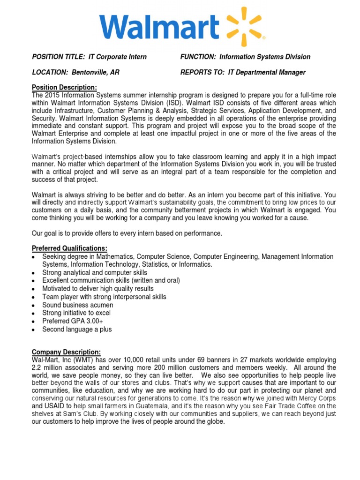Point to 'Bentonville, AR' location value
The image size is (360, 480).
point(93,72)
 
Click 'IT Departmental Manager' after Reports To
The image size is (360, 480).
point(267,72)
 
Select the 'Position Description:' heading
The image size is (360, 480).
point(64,88)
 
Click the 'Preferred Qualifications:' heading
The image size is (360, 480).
point(69,248)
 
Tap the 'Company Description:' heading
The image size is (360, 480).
point(66,352)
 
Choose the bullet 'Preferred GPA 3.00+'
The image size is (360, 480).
point(73,321)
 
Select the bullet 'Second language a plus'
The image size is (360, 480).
point(77,329)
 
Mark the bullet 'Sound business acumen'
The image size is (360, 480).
point(77,305)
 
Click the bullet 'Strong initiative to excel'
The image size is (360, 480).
point(76,313)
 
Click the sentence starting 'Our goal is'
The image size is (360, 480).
point(127,233)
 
